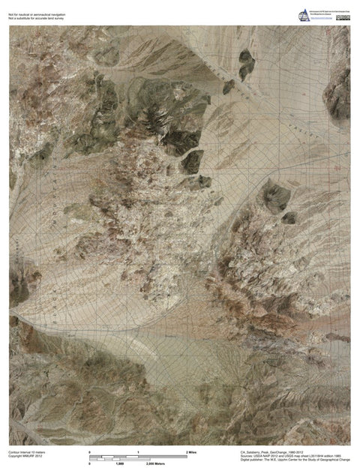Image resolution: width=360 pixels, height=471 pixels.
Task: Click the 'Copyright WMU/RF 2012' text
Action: click(26, 457)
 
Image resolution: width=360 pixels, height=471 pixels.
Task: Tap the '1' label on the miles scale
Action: click(138, 453)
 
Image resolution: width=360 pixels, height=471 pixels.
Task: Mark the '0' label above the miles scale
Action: click(90, 453)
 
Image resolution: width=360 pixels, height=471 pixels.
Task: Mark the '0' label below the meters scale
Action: click(90, 465)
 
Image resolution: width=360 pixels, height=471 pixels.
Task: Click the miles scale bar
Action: click(137, 458)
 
